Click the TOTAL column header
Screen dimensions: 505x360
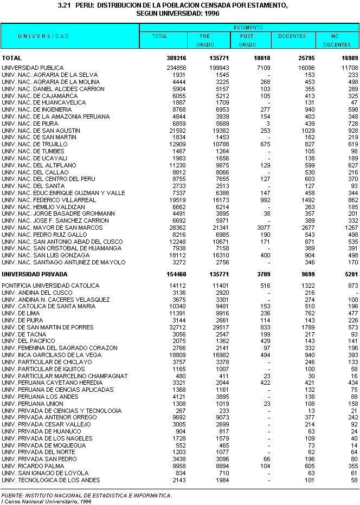160,36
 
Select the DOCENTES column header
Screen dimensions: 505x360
292,36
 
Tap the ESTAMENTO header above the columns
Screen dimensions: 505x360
248,27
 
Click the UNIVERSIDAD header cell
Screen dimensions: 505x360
43,36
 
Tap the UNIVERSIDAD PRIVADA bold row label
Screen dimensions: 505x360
35,274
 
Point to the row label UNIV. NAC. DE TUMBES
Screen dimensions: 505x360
34,151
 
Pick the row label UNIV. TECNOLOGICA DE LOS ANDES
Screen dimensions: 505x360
51,480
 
